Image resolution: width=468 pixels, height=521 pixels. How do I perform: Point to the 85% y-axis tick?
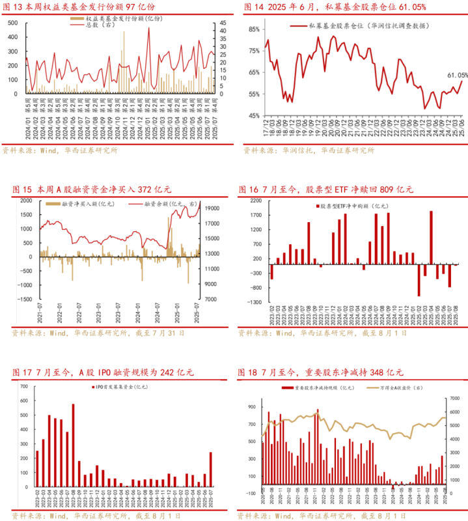[x=253, y=29]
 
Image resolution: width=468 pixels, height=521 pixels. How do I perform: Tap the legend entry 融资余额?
[x=160, y=204]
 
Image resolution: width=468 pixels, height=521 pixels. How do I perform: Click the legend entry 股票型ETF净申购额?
[x=351, y=206]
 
